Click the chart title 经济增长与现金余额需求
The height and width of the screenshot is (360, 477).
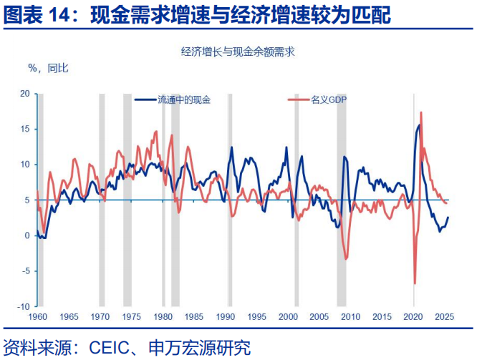click(x=238, y=52)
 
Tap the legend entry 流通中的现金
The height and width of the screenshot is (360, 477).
click(x=184, y=100)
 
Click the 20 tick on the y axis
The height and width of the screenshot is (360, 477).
click(x=25, y=94)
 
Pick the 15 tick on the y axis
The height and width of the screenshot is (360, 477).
click(x=25, y=130)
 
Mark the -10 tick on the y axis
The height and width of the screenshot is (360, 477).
click(x=24, y=306)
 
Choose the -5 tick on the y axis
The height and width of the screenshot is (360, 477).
click(x=25, y=271)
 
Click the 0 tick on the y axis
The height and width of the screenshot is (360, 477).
click(x=27, y=235)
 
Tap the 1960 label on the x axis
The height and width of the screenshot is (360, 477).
click(x=37, y=316)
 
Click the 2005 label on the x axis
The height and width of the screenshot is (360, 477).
click(x=319, y=316)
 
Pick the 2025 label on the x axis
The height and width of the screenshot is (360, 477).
click(x=443, y=316)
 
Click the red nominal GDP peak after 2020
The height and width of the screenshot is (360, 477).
click(x=420, y=112)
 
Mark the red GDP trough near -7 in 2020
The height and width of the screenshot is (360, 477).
click(x=415, y=283)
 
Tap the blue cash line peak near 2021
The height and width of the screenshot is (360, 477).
click(x=419, y=125)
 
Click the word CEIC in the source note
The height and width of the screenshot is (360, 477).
click(x=109, y=349)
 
